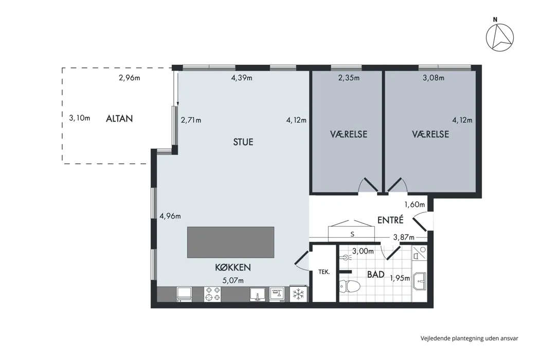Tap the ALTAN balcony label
click(x=119, y=118)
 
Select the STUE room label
click(x=243, y=142)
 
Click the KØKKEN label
click(x=233, y=267)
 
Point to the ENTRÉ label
click(x=390, y=220)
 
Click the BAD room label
click(x=376, y=275)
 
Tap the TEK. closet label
click(x=324, y=272)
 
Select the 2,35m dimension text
click(x=349, y=78)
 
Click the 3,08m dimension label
click(x=434, y=78)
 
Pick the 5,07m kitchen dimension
click(x=233, y=280)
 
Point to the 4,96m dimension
click(x=170, y=216)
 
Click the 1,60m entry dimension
click(x=415, y=204)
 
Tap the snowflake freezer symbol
click(x=299, y=294)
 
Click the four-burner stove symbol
click(x=212, y=294)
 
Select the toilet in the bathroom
click(x=350, y=286)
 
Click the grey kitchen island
click(x=231, y=242)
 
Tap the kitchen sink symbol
click(x=258, y=295)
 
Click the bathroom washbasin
click(x=420, y=281)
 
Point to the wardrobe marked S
click(x=351, y=231)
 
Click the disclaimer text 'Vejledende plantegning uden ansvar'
click(x=469, y=338)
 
